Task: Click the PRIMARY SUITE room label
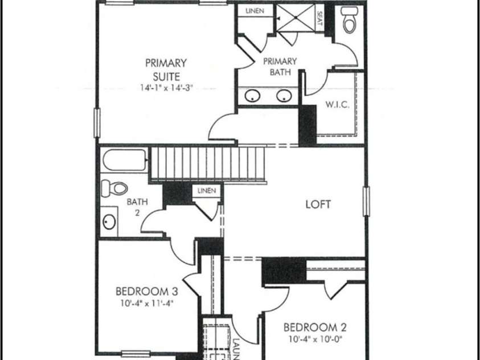coord(166,69)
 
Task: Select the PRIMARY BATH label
coord(280,67)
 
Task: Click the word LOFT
coord(318,204)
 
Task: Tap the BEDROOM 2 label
coord(315,328)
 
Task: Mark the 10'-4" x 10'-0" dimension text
coord(315,341)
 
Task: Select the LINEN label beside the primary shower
coord(255,11)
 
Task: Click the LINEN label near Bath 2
coord(207,191)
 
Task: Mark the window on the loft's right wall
coord(366,202)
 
